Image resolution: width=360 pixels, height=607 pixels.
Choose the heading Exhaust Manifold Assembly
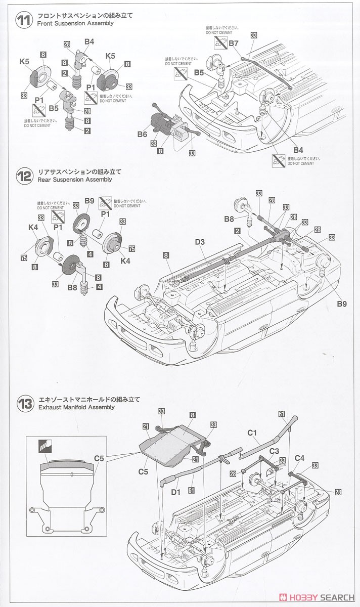coord(76,407)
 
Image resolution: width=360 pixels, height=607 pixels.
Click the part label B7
coord(233,44)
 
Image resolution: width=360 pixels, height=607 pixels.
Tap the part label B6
coord(142,134)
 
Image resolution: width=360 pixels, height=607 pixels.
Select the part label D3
coord(200,243)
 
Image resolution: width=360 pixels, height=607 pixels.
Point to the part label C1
coord(252,432)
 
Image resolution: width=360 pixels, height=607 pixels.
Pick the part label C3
coord(274,451)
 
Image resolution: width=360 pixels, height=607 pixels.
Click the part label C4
coord(300,458)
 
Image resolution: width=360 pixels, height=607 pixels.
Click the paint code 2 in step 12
coord(237,231)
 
